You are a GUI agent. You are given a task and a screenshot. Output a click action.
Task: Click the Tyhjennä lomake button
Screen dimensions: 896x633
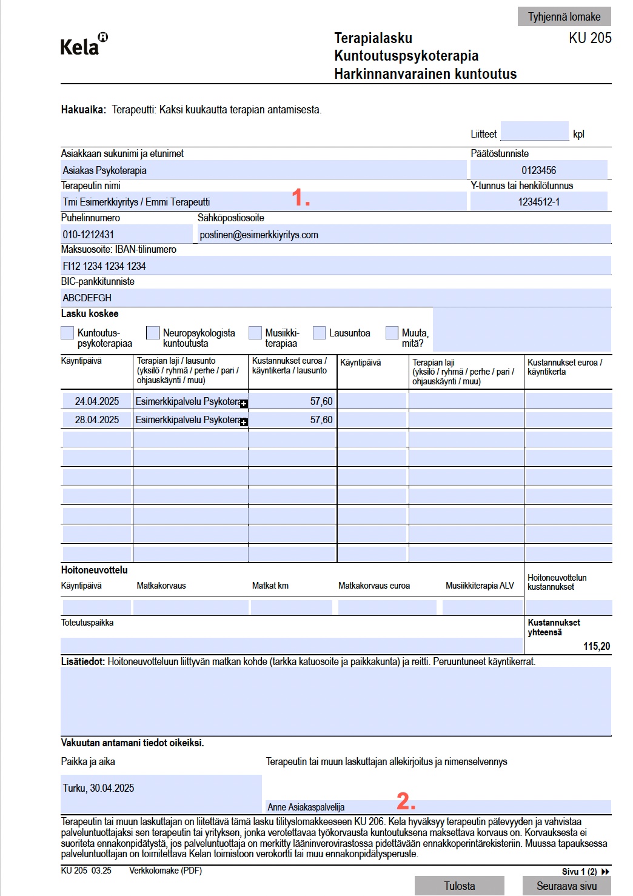[x=564, y=16]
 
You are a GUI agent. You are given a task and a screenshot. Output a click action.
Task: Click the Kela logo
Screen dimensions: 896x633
[x=84, y=45]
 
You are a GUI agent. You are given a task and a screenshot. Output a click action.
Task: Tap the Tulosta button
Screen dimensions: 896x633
[x=459, y=886]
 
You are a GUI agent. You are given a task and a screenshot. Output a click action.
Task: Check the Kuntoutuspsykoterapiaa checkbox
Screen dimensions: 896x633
[x=67, y=333]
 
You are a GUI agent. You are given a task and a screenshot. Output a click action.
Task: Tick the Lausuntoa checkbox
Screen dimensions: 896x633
[x=320, y=333]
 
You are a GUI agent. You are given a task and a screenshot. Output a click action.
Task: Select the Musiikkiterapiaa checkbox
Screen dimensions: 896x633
[x=255, y=333]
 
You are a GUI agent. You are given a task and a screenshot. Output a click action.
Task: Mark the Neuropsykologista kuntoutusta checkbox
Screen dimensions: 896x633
[x=153, y=333]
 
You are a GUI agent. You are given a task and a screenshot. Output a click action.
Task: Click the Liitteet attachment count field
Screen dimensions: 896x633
[x=534, y=132]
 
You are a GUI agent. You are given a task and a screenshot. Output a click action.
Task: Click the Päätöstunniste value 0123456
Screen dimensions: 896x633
[x=538, y=170]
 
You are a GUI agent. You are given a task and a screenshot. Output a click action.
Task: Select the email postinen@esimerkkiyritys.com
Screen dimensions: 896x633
[x=259, y=235]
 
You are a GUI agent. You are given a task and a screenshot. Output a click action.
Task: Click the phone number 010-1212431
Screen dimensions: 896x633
[x=89, y=235]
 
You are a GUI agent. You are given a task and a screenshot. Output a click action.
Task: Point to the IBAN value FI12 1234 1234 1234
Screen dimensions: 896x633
[x=104, y=266]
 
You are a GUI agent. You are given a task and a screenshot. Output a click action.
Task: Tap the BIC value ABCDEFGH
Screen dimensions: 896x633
[x=87, y=298]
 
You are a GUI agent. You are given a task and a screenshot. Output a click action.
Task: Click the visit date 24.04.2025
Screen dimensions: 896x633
[x=97, y=401]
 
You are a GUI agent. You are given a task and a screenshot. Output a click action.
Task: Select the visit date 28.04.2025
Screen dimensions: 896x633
[x=97, y=420]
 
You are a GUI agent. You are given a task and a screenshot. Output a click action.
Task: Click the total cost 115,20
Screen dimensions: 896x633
[x=597, y=646]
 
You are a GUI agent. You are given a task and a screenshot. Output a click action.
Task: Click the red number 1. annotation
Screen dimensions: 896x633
[x=301, y=197]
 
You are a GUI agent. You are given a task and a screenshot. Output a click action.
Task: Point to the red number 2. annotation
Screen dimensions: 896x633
[x=406, y=801]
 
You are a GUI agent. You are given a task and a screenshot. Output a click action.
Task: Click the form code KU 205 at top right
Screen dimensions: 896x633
[x=590, y=38]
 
